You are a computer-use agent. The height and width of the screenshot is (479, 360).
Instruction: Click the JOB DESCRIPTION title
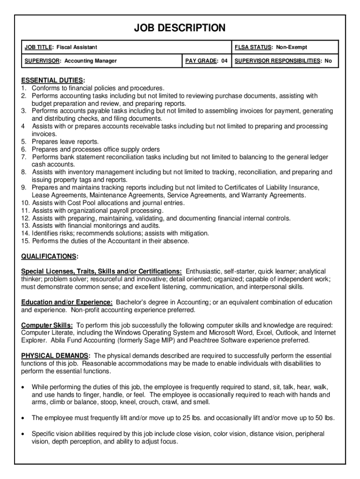(180, 28)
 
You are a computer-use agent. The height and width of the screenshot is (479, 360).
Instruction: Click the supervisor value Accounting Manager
(91, 61)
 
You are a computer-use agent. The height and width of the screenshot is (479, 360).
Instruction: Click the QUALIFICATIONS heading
(49, 256)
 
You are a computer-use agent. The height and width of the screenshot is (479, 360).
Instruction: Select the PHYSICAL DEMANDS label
(56, 356)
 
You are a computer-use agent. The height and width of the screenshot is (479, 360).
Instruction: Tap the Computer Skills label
(47, 325)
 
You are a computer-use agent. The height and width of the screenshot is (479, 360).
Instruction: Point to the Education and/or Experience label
(67, 302)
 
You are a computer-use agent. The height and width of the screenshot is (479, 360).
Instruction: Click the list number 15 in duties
(25, 241)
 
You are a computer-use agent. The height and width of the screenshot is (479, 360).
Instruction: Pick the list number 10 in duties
(25, 203)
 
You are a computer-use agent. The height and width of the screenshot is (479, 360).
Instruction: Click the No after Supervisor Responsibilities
(328, 61)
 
